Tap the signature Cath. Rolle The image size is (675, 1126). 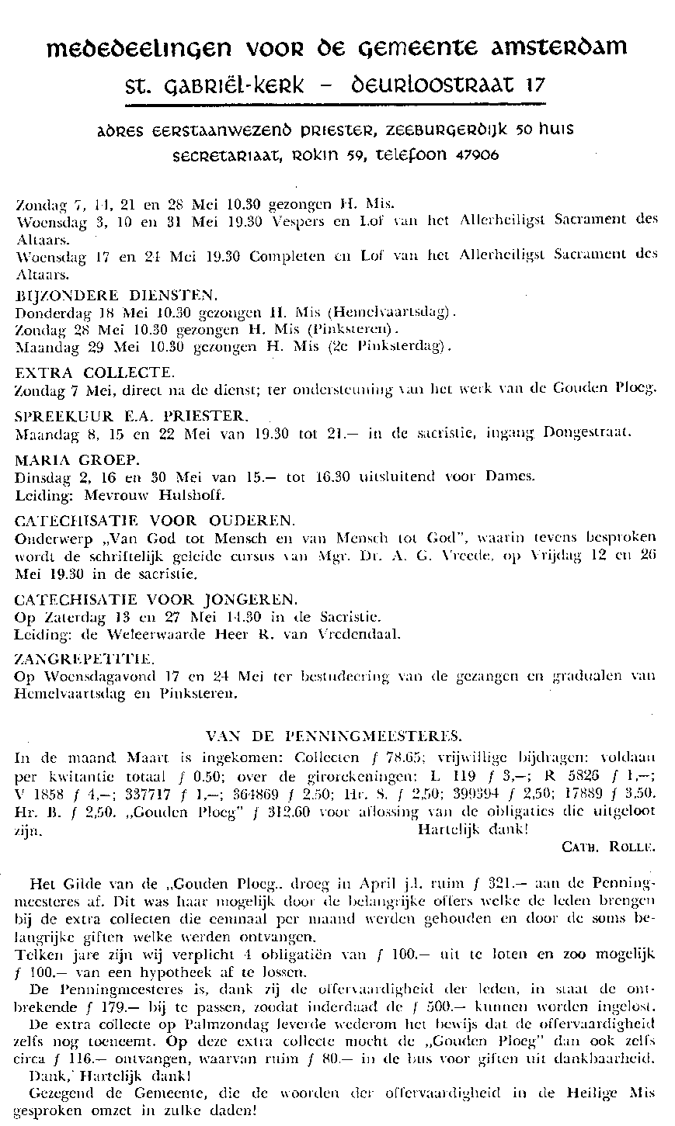[608, 847]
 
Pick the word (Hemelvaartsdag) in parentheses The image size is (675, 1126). [403, 313]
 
